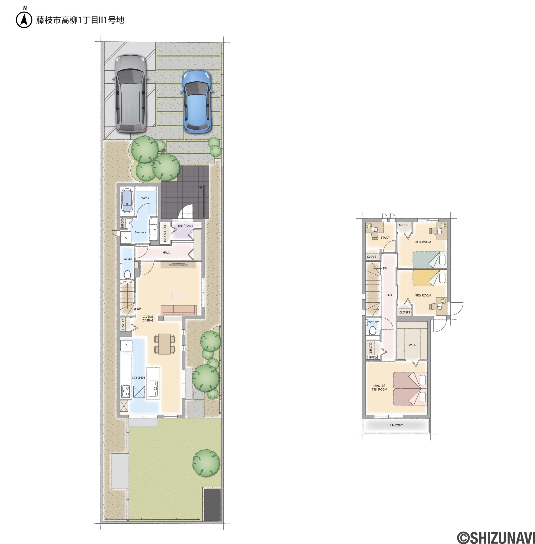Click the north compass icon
click(24, 20)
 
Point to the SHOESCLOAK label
click(165, 232)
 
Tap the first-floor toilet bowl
click(127, 274)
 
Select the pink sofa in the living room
click(179, 310)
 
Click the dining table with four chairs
click(165, 344)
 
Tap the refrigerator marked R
click(126, 346)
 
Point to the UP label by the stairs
click(139, 309)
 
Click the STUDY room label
click(385, 238)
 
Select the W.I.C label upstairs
click(412, 345)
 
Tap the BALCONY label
click(396, 425)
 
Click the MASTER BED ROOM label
click(379, 387)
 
